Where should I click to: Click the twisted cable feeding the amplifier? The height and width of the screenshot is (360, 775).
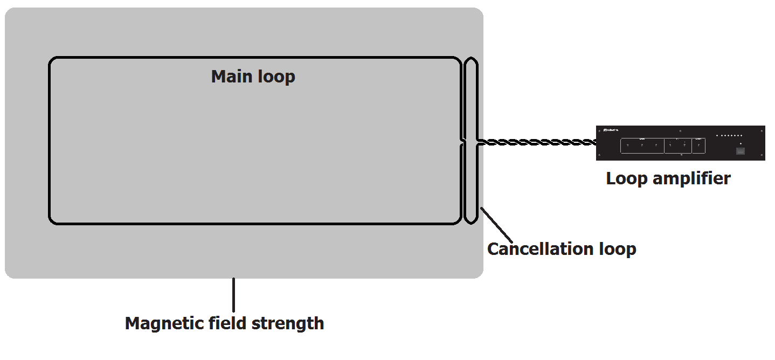point(539,143)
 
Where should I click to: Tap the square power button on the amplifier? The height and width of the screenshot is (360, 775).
point(741,151)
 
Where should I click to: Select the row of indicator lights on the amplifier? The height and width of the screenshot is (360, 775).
point(729,136)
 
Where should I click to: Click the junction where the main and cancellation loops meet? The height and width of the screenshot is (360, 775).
point(463,142)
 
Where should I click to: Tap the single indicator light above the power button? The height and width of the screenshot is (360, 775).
point(741,143)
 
